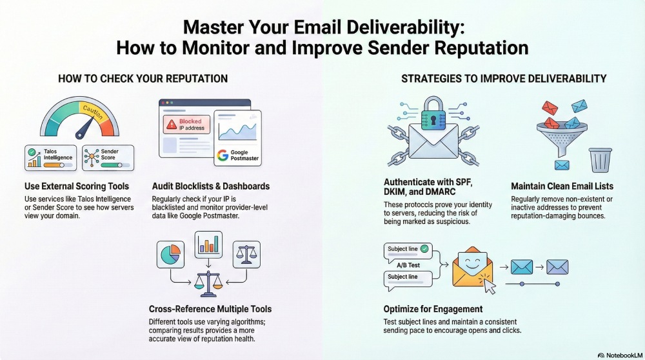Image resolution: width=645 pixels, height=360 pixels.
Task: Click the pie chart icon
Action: (x=170, y=254)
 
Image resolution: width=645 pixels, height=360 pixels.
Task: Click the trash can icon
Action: (x=600, y=159)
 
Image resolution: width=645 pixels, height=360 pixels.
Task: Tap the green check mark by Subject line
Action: (x=424, y=248)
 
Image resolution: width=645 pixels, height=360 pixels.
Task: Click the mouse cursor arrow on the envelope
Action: (x=489, y=286)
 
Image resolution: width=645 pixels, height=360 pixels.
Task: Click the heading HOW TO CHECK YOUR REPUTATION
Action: (x=143, y=79)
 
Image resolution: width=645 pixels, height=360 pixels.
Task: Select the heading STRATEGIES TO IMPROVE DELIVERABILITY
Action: (x=504, y=79)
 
